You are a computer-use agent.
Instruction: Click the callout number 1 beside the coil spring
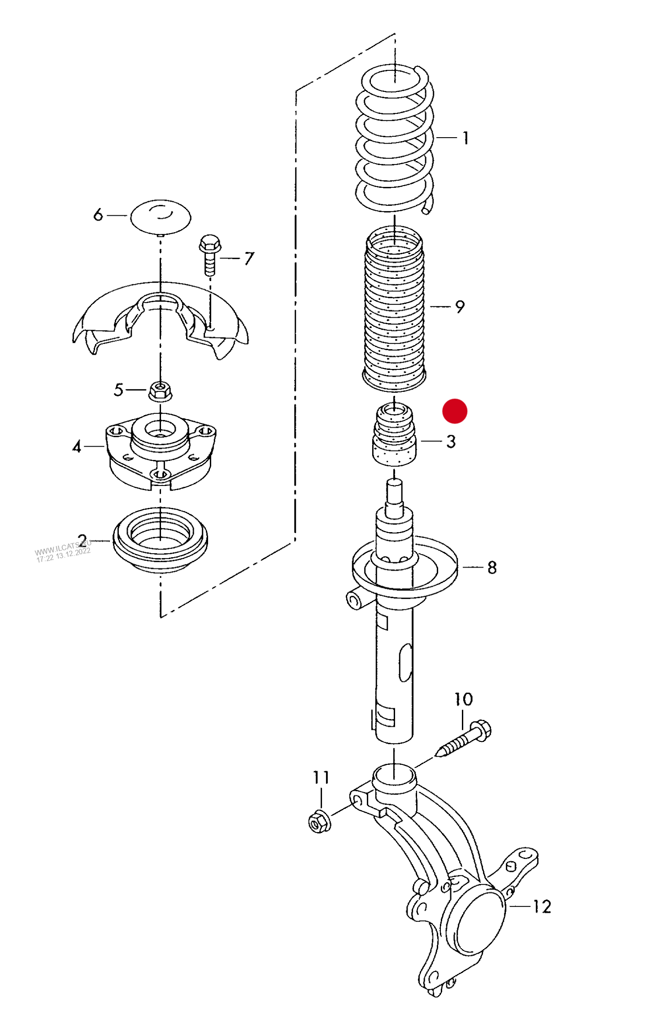click(466, 138)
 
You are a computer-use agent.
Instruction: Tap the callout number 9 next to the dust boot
click(460, 307)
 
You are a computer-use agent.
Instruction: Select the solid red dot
click(455, 411)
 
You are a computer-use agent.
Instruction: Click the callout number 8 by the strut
click(492, 568)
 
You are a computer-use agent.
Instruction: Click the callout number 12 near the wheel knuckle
click(542, 906)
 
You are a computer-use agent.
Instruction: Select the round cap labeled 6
click(161, 217)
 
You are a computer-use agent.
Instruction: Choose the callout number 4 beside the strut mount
click(77, 447)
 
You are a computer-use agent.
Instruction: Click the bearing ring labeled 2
click(160, 540)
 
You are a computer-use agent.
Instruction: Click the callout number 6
click(98, 215)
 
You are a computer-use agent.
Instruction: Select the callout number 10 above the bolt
click(463, 699)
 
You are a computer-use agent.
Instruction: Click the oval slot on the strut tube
click(405, 663)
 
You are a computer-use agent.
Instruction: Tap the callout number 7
click(249, 258)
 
